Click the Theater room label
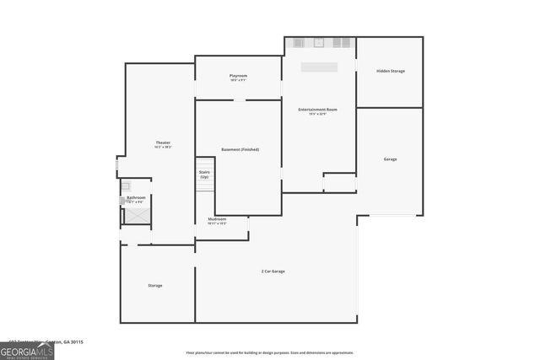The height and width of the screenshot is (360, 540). coord(163,143)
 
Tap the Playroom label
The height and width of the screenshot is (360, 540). coord(238,76)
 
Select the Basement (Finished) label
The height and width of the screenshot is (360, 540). coord(240,149)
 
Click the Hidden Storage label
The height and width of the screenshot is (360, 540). coord(390,71)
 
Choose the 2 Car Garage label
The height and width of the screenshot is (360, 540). coord(273,271)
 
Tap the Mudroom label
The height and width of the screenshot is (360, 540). coord(217,219)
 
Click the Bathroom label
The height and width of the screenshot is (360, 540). coord(136,197)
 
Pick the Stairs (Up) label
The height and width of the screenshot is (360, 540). coord(204,174)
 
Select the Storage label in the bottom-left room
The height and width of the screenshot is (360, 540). coord(155,285)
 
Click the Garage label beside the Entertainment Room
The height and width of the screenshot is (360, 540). coord(390,159)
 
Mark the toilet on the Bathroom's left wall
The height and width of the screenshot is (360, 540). coord(122,200)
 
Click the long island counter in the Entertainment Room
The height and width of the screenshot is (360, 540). coord(320,67)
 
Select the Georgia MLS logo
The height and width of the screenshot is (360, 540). coord(27,350)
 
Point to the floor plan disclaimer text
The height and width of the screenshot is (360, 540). coord(269,352)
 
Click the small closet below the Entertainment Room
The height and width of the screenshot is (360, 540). coord(339,183)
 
